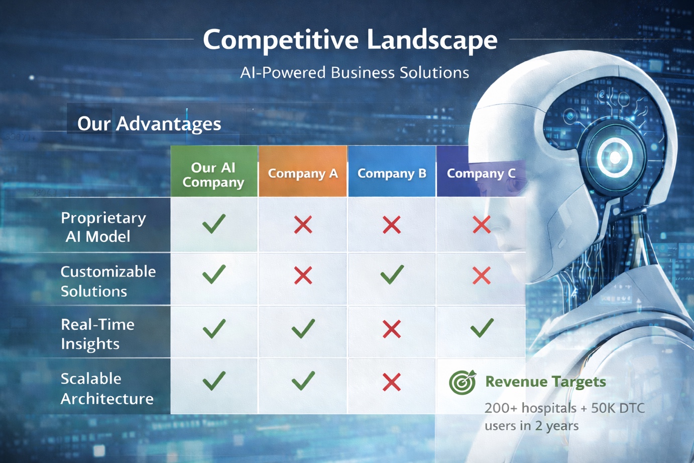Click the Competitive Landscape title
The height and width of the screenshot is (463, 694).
click(x=350, y=40)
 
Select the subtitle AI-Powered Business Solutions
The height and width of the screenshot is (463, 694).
click(x=355, y=73)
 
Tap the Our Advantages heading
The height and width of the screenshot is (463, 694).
click(x=149, y=124)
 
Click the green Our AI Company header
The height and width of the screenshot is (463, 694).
click(x=213, y=174)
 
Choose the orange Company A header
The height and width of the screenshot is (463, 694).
click(x=303, y=173)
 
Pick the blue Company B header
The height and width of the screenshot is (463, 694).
click(x=392, y=173)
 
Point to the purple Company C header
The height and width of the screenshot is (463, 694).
click(x=481, y=173)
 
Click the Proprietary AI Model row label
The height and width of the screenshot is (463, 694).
click(x=103, y=227)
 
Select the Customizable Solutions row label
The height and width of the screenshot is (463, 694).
click(x=108, y=281)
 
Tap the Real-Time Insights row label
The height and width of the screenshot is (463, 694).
click(x=97, y=334)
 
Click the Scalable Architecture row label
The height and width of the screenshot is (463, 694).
click(x=107, y=388)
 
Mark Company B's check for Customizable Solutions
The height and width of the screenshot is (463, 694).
click(x=392, y=274)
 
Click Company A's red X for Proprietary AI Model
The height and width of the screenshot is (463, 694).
click(x=303, y=225)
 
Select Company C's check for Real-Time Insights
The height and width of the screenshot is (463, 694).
click(x=482, y=328)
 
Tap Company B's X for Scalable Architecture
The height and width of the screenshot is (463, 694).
click(x=392, y=382)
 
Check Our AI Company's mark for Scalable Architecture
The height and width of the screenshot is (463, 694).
click(x=214, y=381)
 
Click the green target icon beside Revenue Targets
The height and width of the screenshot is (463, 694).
click(x=462, y=382)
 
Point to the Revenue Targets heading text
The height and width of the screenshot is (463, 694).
click(x=545, y=382)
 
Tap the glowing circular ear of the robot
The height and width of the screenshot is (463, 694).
click(x=615, y=157)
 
